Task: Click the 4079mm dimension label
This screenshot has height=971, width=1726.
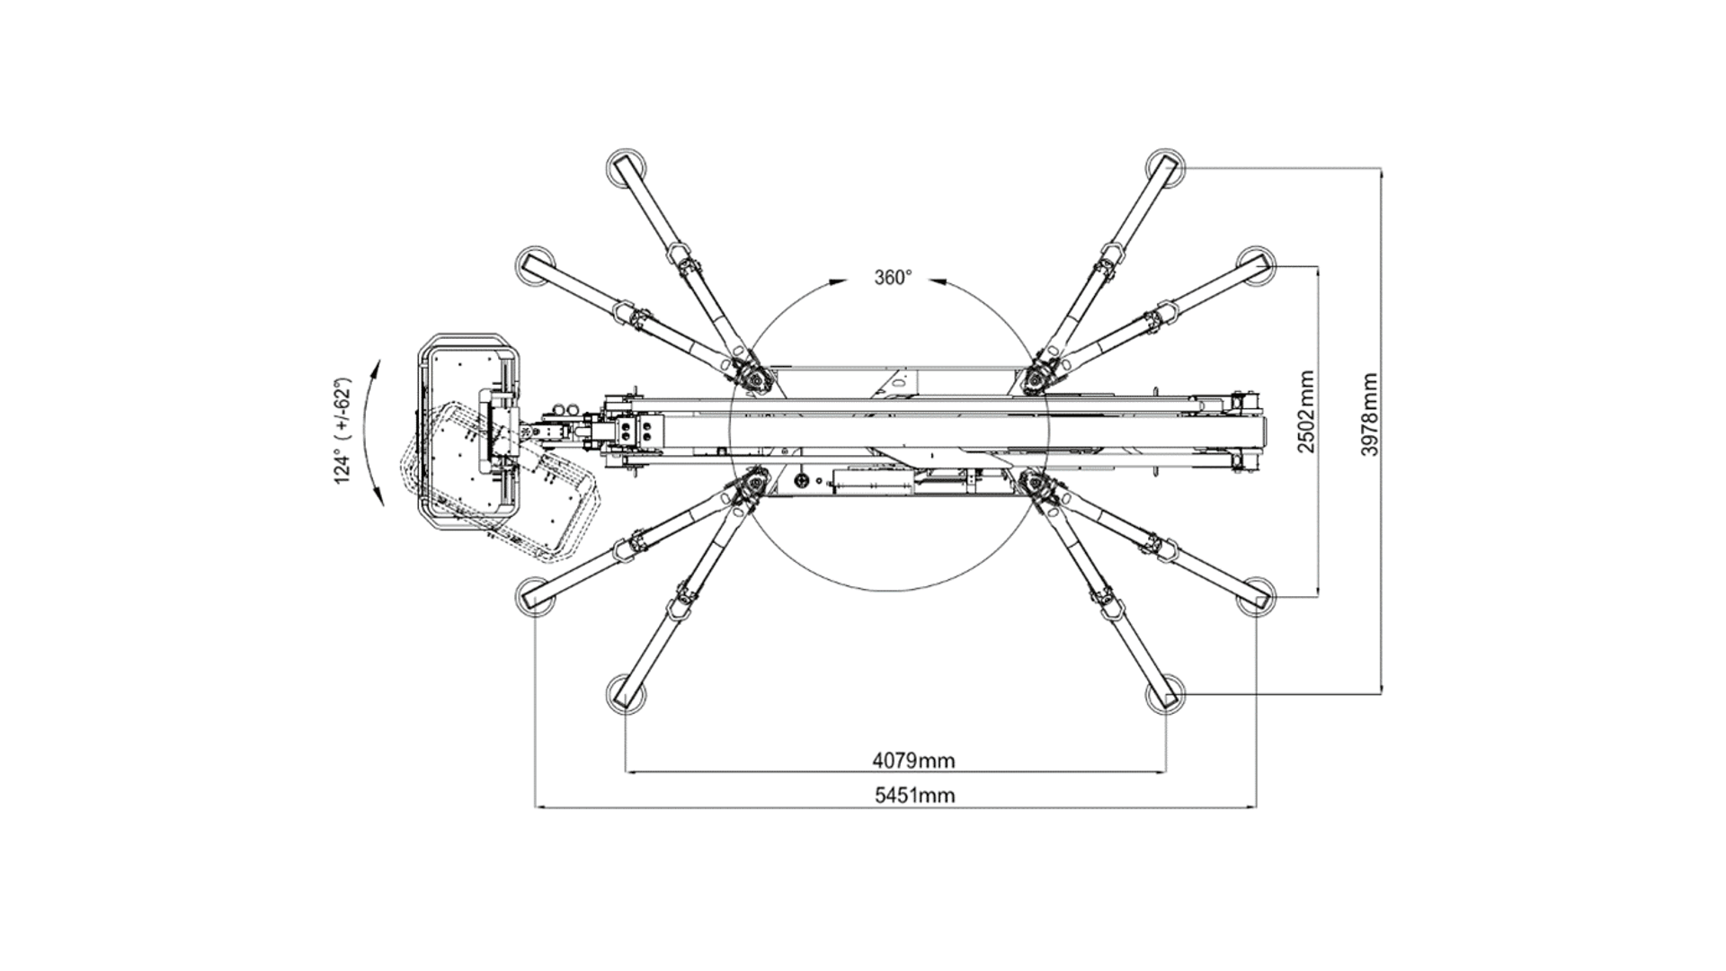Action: [x=913, y=761]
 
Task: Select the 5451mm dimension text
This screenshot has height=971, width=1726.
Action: [x=914, y=795]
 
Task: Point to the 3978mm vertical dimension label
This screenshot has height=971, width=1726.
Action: [x=1369, y=414]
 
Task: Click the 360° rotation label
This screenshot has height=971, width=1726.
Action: [x=893, y=278]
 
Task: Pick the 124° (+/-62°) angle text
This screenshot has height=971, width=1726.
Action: [x=343, y=431]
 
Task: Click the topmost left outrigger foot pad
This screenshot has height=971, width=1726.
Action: [x=625, y=167]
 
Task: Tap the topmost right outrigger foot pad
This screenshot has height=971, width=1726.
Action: [x=1166, y=167]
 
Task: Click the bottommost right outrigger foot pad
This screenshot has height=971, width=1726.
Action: [x=1166, y=695]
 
